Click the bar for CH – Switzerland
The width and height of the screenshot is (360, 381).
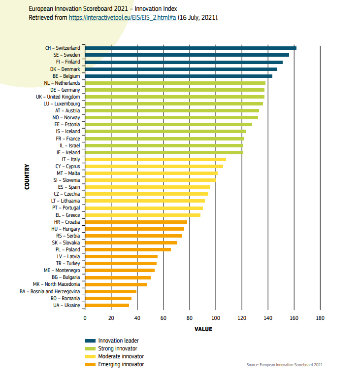pos(191,48)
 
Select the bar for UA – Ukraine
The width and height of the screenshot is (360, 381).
pos(107,306)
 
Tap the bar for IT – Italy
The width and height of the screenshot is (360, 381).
pos(155,159)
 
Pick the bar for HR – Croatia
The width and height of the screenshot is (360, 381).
pos(136,222)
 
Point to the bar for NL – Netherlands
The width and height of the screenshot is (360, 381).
pos(175,83)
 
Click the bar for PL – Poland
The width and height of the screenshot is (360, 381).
pos(128,250)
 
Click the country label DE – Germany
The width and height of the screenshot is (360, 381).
pos(65,90)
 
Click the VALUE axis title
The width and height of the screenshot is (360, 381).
pos(203,329)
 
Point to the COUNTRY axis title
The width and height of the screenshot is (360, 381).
pos(27,177)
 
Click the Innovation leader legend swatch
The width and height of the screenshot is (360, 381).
pos(90,341)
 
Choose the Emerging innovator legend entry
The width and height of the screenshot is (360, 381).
pos(121,364)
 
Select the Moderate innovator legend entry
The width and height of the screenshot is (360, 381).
pos(121,356)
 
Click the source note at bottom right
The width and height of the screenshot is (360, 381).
pos(285,365)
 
